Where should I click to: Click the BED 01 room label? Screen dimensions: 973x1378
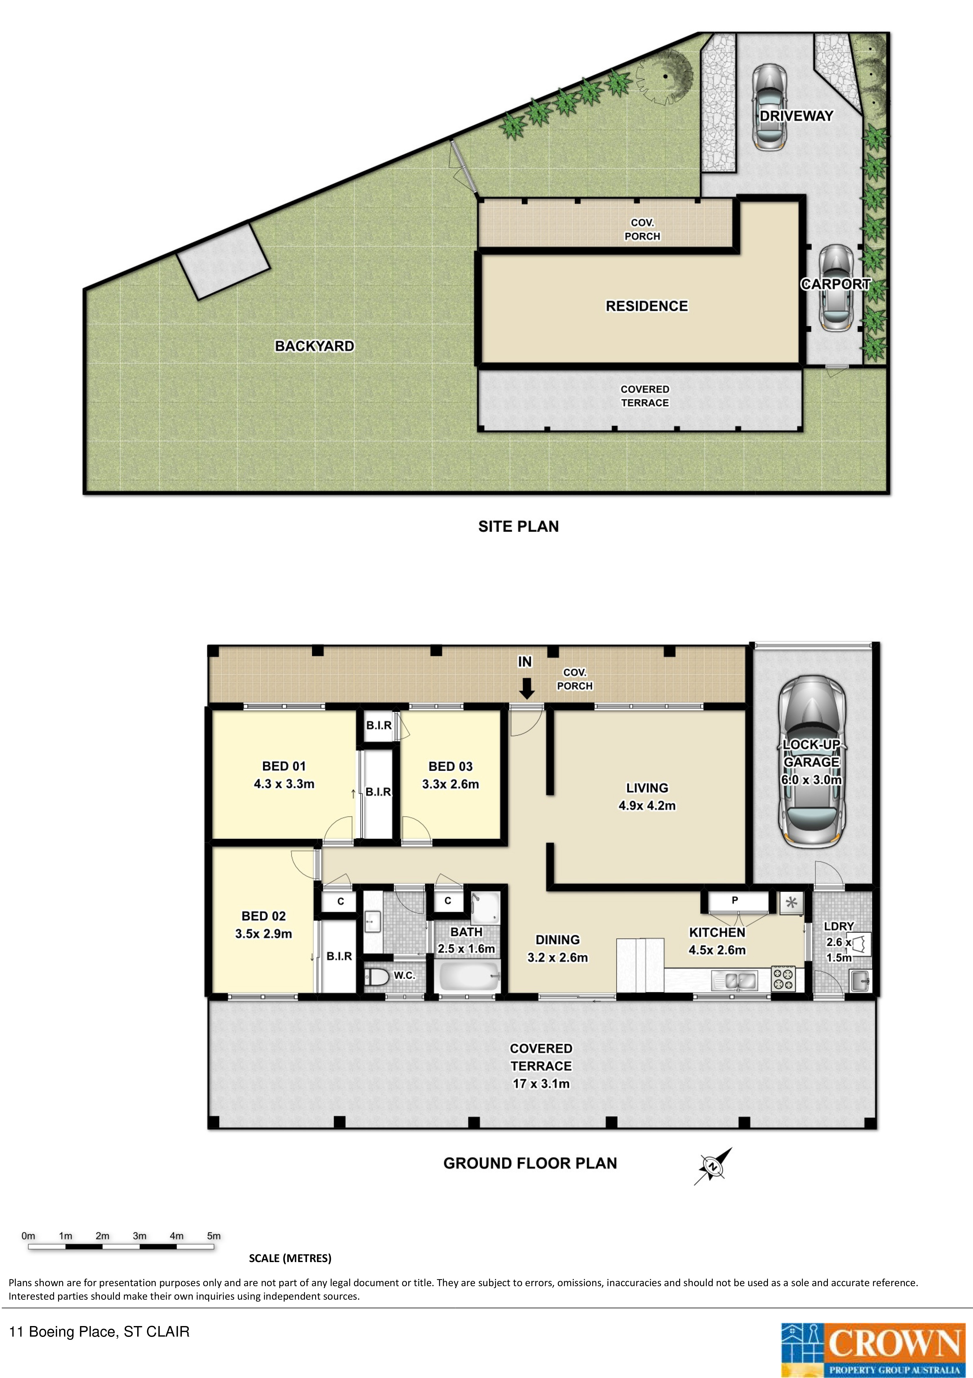[x=284, y=766]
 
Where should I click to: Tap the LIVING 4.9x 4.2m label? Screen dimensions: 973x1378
[x=647, y=797]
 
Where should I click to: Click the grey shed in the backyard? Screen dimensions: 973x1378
[x=223, y=260]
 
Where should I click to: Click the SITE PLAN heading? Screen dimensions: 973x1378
[x=518, y=526]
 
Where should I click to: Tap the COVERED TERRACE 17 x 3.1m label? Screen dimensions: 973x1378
[x=541, y=1066]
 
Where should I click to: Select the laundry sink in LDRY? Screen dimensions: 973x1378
[x=860, y=981]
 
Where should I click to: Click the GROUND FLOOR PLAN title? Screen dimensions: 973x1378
[x=530, y=1163]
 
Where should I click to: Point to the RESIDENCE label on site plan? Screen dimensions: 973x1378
[x=647, y=306]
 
